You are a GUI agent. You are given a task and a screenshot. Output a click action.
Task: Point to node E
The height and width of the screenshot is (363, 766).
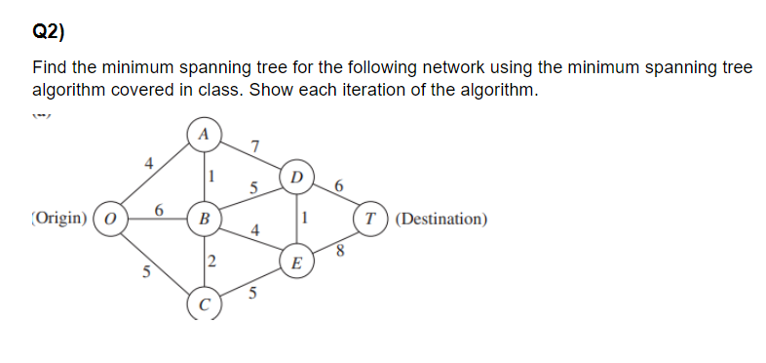tap(296, 261)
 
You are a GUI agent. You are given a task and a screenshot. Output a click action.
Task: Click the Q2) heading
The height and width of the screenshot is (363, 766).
tap(49, 31)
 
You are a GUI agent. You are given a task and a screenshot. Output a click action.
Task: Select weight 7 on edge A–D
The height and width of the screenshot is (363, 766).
tap(254, 146)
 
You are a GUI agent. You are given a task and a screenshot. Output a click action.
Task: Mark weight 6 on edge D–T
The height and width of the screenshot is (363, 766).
tap(338, 184)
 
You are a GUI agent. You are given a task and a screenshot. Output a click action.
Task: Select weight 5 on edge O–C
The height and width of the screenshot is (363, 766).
tap(146, 272)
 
